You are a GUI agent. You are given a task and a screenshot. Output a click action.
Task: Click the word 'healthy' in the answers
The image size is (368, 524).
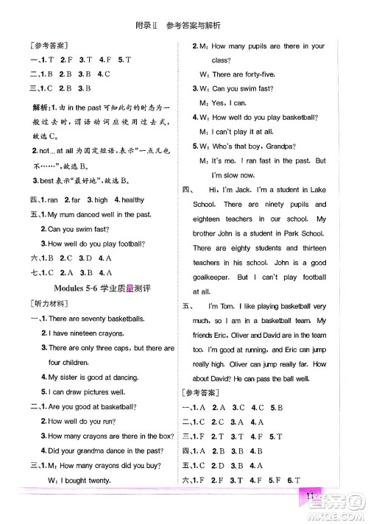[x=129, y=199]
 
